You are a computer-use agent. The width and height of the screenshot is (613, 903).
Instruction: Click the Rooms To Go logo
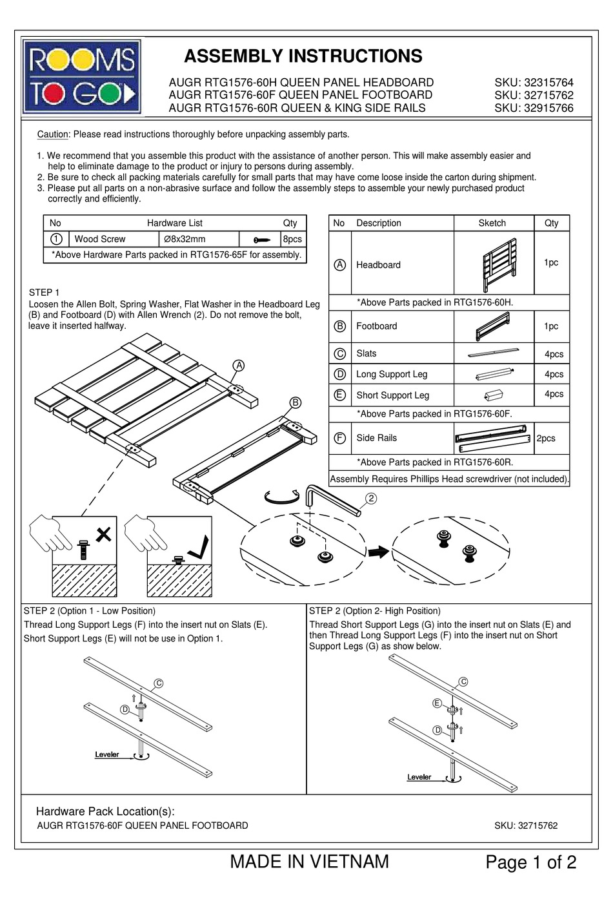pyautogui.click(x=81, y=77)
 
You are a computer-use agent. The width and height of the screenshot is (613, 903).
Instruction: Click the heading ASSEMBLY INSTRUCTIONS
pyautogui.click(x=303, y=56)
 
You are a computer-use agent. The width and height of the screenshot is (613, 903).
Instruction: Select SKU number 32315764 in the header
pyautogui.click(x=534, y=83)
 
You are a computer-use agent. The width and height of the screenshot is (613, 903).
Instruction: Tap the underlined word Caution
pyautogui.click(x=52, y=134)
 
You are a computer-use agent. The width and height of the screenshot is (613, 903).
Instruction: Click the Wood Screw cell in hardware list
pyautogui.click(x=100, y=239)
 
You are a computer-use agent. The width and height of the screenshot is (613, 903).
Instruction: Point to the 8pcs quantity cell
pyautogui.click(x=292, y=239)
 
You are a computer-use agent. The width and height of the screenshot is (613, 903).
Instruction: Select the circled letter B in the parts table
pyautogui.click(x=339, y=326)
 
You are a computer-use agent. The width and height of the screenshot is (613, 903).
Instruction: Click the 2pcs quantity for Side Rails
pyautogui.click(x=546, y=438)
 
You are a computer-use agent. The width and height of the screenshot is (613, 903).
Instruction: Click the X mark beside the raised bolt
pyautogui.click(x=103, y=534)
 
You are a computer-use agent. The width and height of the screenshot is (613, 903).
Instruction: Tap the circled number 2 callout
pyautogui.click(x=371, y=498)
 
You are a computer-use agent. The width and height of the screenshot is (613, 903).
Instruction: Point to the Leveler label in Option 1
pyautogui.click(x=107, y=754)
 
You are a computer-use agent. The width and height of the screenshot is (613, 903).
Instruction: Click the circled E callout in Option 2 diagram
pyautogui.click(x=437, y=703)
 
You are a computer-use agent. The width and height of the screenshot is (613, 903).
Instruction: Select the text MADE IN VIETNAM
pyautogui.click(x=309, y=862)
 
